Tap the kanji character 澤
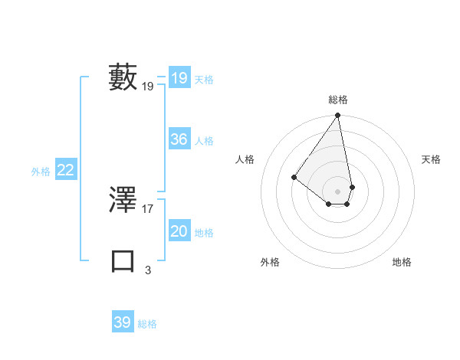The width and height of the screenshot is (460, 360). click(123, 200)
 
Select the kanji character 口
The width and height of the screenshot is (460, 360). click(123, 260)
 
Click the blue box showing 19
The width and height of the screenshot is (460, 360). click(179, 78)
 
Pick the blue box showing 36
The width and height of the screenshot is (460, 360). click(179, 139)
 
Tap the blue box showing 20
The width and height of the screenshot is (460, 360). click(179, 231)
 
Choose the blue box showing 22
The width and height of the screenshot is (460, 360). click(66, 170)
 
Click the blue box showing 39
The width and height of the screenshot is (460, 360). click(122, 322)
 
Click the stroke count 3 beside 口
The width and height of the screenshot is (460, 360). click(148, 270)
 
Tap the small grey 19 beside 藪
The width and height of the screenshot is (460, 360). click(148, 87)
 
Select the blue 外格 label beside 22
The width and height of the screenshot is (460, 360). click(41, 172)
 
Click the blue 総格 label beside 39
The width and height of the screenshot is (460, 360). click(147, 324)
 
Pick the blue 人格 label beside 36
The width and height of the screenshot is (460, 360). click(204, 141)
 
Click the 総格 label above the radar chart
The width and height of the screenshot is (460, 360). click(338, 100)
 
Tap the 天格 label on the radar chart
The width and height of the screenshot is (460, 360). click(432, 159)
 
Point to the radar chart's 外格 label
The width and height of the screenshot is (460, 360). click(270, 262)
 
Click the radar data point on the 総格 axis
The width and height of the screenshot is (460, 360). click(338, 116)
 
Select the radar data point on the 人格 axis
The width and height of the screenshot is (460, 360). click(294, 177)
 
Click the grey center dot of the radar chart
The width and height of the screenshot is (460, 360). click(338, 191)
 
